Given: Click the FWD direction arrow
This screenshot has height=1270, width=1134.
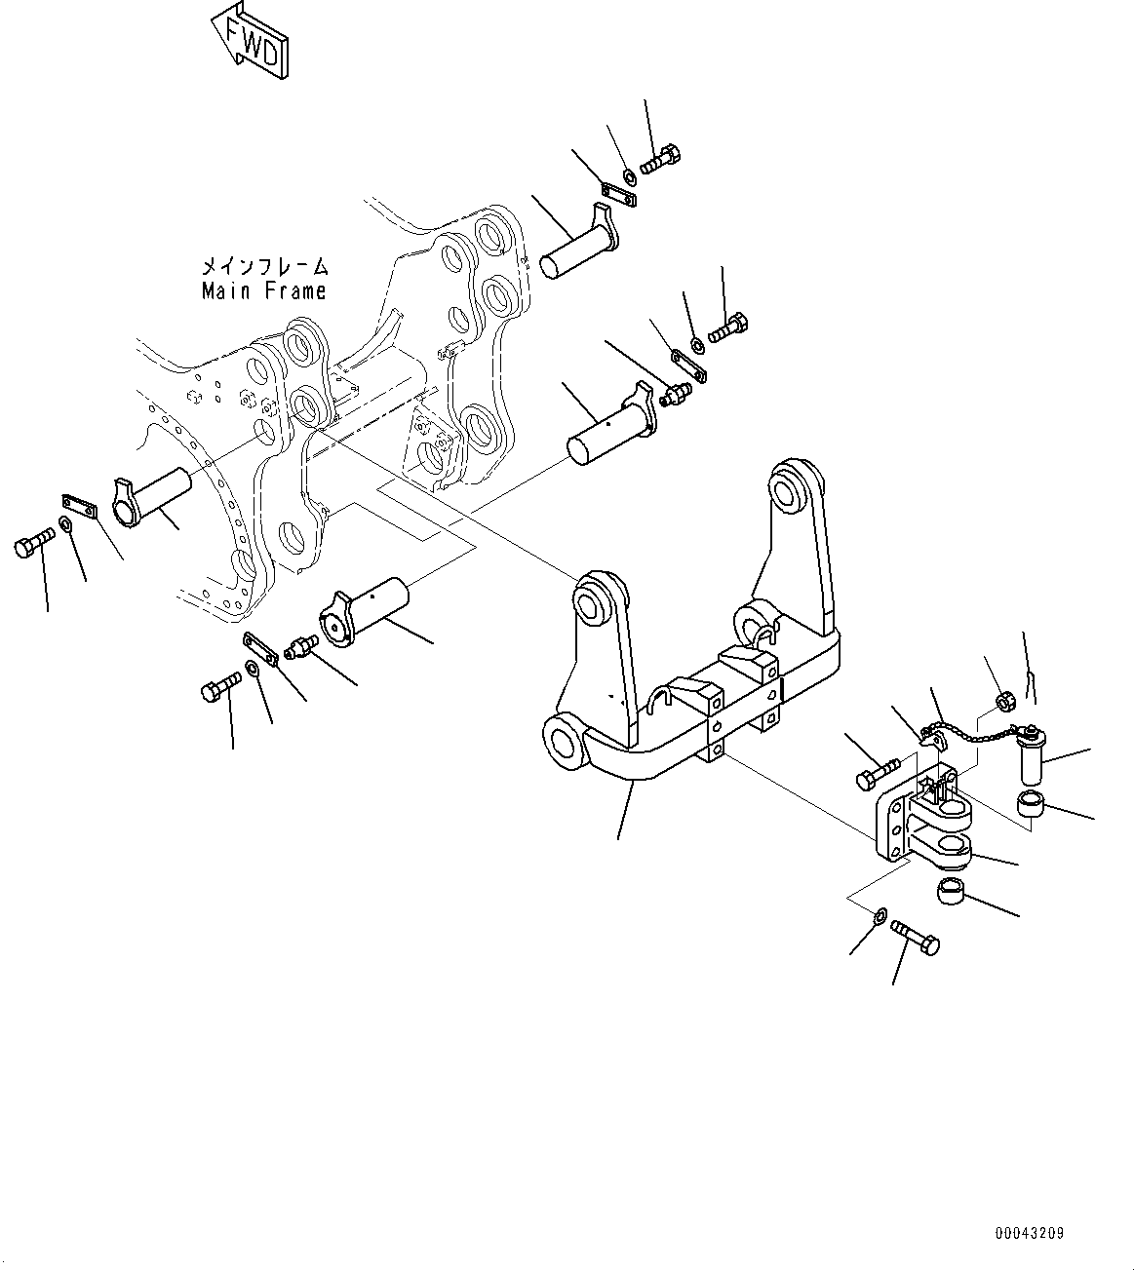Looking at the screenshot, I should coord(250,41).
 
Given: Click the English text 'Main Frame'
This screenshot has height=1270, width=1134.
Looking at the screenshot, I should coord(263,290).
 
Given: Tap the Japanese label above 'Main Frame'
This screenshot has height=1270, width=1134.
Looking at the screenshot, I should coord(263,266).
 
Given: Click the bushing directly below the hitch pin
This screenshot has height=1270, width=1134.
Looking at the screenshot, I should coord(1032,805).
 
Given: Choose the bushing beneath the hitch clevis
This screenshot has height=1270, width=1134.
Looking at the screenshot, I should coord(952,891).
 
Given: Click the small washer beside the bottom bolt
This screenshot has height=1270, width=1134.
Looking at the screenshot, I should coord(880,916).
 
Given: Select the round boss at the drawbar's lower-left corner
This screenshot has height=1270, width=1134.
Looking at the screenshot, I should coord(564,742).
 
